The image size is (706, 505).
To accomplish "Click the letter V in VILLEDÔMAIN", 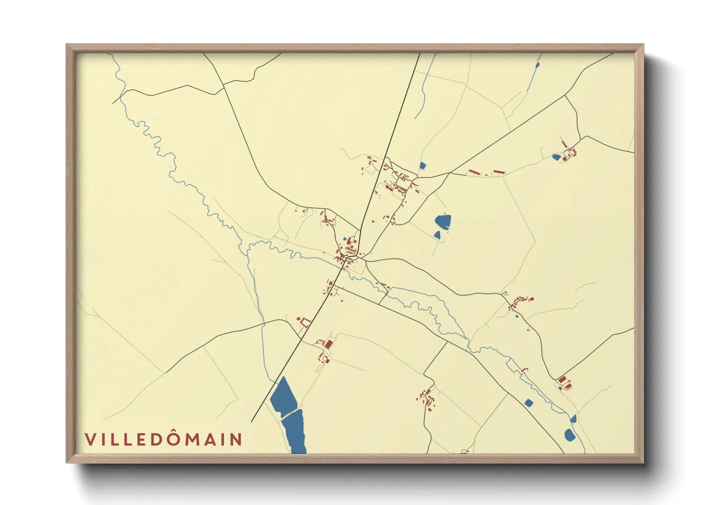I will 90,440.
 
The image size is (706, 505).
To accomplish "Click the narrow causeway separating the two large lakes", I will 290,413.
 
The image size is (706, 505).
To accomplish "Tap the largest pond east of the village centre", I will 443,221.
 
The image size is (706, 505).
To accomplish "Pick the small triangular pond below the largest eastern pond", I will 437,235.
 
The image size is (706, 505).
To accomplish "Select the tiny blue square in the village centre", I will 345,239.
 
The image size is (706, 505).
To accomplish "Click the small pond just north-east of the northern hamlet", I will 422,166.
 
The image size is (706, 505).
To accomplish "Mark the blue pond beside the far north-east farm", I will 556,157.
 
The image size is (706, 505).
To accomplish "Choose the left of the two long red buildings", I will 474,172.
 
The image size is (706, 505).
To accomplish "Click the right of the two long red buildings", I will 498,171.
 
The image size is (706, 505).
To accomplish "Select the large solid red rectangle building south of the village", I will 328,344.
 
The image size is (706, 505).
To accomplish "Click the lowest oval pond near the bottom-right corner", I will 569,435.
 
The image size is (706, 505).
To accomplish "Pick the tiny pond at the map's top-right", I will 538,65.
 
